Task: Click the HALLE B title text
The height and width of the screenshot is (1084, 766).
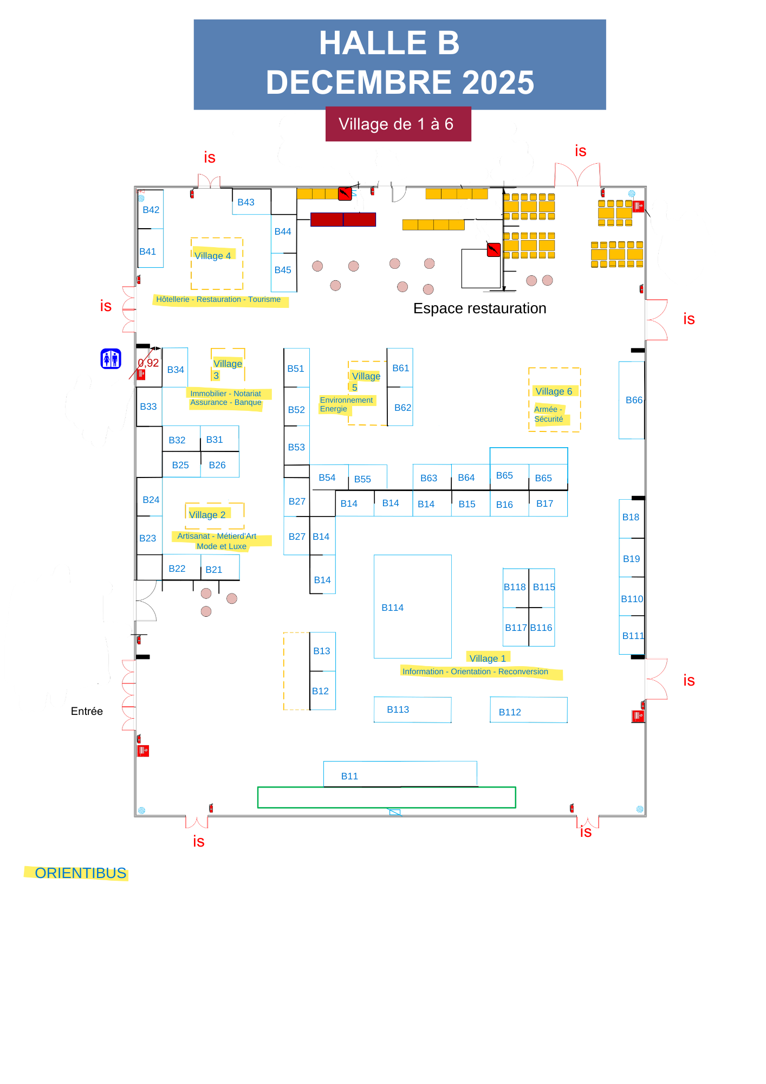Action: [389, 43]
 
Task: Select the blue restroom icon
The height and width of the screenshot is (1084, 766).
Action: [111, 359]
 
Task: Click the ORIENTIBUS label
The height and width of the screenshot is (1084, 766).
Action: [80, 873]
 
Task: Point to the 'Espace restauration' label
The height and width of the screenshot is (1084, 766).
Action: [479, 308]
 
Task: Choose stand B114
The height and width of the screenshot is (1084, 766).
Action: [412, 606]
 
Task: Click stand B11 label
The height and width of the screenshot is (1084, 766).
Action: [349, 776]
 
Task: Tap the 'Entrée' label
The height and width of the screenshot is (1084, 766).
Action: [87, 711]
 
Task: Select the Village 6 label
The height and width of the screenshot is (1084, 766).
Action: [554, 391]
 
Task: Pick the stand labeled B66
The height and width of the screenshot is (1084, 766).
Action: [632, 400]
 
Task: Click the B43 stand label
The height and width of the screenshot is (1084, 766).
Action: [246, 202]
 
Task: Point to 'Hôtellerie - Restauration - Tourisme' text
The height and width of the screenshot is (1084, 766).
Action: [218, 299]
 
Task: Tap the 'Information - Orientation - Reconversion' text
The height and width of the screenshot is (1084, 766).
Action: [475, 672]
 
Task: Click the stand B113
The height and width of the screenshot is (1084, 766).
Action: [412, 709]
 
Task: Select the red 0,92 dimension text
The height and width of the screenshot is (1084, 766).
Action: [148, 363]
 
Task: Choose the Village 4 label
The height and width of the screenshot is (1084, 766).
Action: [213, 256]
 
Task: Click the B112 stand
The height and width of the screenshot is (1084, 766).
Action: [528, 711]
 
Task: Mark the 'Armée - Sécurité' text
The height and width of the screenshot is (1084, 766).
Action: [549, 414]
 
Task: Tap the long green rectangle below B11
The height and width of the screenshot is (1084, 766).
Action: [386, 797]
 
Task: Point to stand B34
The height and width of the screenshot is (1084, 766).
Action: [176, 370]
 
